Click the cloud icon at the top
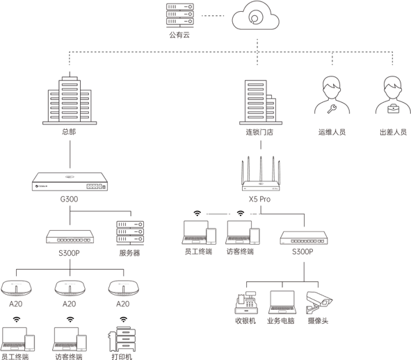(255, 16)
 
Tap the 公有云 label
(179, 35)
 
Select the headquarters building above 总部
(70, 100)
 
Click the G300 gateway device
(70, 181)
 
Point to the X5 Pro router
(261, 174)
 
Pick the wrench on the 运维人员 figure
(332, 108)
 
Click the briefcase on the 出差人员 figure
(393, 108)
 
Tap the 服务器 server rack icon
(130, 233)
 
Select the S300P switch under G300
(70, 236)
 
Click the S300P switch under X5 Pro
(304, 238)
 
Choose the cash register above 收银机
(246, 302)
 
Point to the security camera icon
(319, 302)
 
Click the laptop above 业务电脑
(282, 302)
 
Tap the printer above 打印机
(122, 339)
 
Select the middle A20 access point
(70, 288)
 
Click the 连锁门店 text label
(259, 132)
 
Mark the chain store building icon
(261, 102)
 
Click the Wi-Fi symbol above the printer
(124, 320)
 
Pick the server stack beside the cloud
(180, 15)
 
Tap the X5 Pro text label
(259, 199)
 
